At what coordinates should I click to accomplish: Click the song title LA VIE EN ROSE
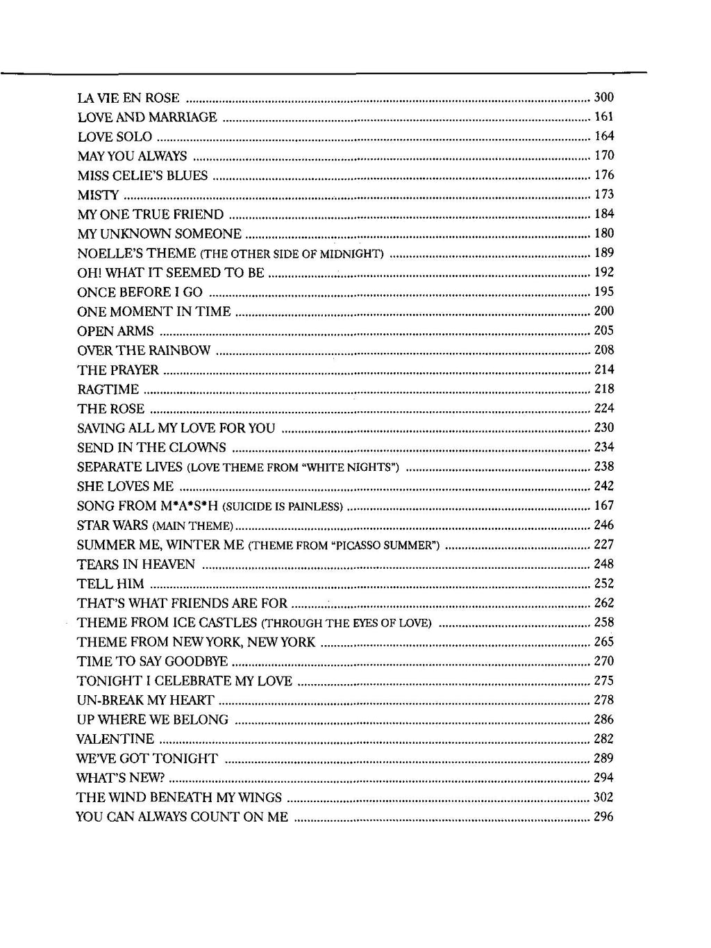point(128,98)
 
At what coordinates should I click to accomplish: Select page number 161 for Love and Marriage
point(604,117)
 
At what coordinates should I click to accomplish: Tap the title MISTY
point(98,195)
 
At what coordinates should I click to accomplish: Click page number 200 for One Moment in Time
point(604,311)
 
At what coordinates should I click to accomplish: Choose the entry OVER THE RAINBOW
point(144,351)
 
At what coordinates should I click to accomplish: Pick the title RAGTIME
point(108,390)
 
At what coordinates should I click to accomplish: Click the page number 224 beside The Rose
point(604,408)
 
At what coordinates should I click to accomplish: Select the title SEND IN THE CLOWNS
point(151,448)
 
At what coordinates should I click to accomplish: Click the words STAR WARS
point(112,525)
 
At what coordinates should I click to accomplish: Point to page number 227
point(604,544)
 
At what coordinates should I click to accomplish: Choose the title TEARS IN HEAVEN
point(136,565)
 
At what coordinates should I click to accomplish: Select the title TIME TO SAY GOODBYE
point(152,662)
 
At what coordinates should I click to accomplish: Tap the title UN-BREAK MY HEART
point(146,701)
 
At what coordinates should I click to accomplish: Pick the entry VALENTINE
point(115,740)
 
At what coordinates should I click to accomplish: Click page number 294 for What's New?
point(604,778)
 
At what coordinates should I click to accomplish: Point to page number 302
point(604,797)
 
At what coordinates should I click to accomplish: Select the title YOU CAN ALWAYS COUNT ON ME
point(182,817)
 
